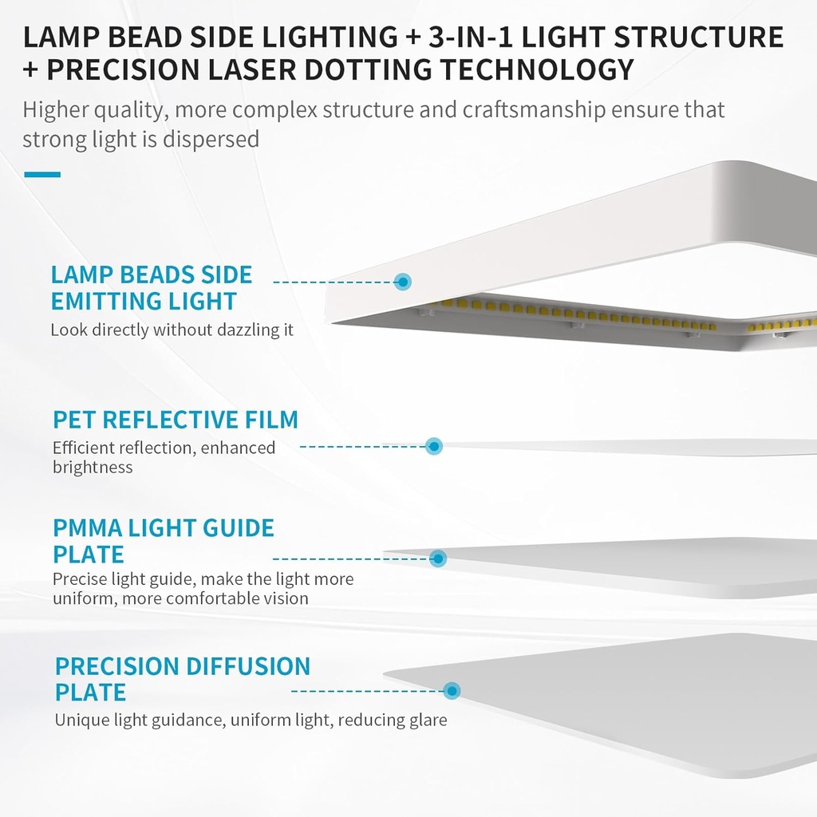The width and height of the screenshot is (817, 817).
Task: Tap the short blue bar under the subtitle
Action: pyautogui.click(x=42, y=174)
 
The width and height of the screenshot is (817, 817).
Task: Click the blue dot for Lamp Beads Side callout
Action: pyautogui.click(x=403, y=282)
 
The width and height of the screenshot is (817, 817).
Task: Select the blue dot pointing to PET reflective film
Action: pyautogui.click(x=433, y=446)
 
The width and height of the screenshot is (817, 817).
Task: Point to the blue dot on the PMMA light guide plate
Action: pyautogui.click(x=437, y=558)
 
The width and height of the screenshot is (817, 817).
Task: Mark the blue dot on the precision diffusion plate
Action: pyautogui.click(x=452, y=690)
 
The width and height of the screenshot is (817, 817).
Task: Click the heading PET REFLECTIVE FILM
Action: pyautogui.click(x=176, y=420)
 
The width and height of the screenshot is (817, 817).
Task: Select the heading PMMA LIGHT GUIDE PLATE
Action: pyautogui.click(x=163, y=541)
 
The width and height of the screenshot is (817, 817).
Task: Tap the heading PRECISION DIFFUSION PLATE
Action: pyautogui.click(x=182, y=678)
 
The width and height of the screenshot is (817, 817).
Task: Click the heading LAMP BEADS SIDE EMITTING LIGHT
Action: pyautogui.click(x=151, y=288)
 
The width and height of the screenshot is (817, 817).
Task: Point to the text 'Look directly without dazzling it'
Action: pyautogui.click(x=172, y=330)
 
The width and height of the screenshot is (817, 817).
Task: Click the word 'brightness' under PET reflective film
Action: pyautogui.click(x=93, y=468)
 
